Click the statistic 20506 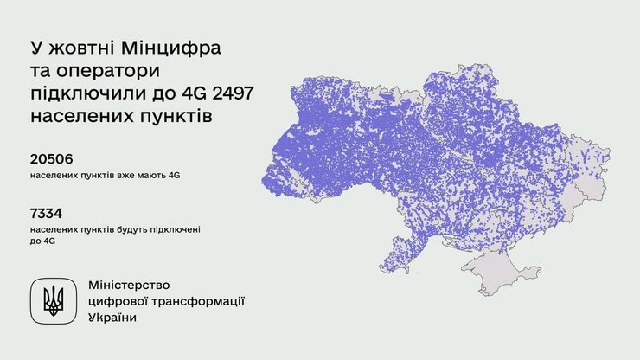pyautogui.click(x=51, y=158)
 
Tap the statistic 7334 pyautogui.click(x=46, y=212)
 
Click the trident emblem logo pyautogui.click(x=54, y=299)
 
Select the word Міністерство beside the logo pyautogui.click(x=130, y=285)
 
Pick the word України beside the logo pyautogui.click(x=112, y=318)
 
